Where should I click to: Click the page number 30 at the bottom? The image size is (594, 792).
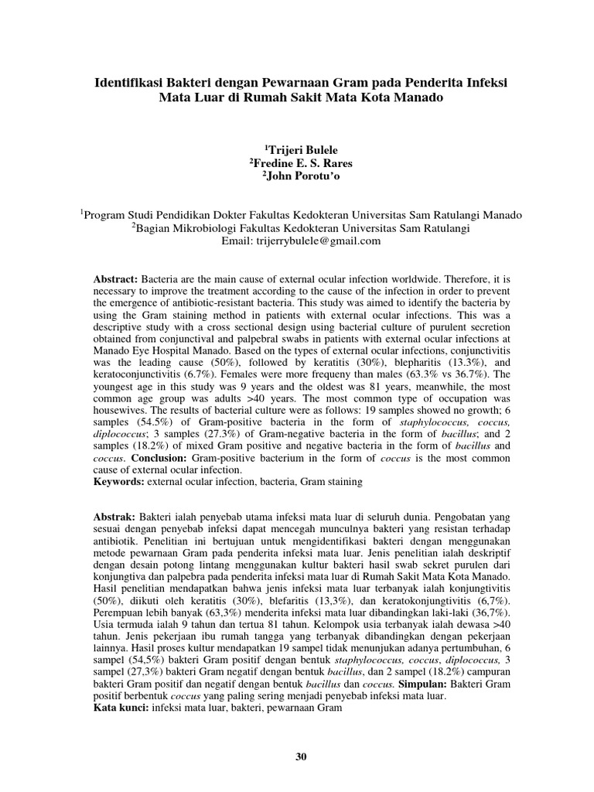[x=301, y=758]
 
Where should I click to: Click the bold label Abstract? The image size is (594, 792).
[x=115, y=277]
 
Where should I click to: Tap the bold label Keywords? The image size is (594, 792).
[x=118, y=482]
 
